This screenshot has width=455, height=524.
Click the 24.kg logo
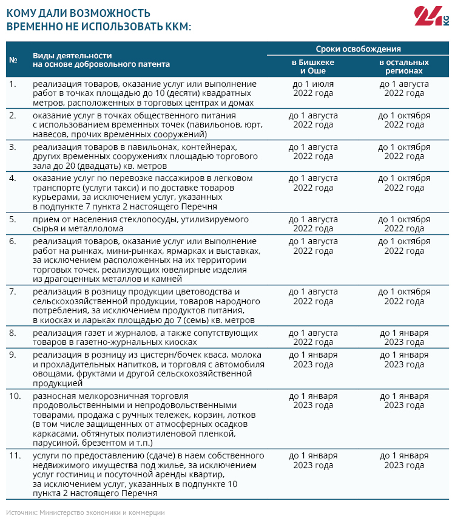click(430, 16)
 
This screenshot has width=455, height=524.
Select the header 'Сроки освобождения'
click(358, 49)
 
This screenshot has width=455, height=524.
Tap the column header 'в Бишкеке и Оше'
click(313, 66)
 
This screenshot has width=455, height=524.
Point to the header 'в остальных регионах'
click(404, 66)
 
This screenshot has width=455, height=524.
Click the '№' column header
click(13, 59)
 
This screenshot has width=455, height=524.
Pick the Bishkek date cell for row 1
click(313, 88)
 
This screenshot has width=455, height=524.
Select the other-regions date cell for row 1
click(404, 88)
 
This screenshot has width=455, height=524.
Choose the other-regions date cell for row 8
click(404, 338)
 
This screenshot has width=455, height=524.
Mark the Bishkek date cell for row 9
click(313, 359)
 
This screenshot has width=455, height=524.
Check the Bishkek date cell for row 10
click(313, 400)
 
